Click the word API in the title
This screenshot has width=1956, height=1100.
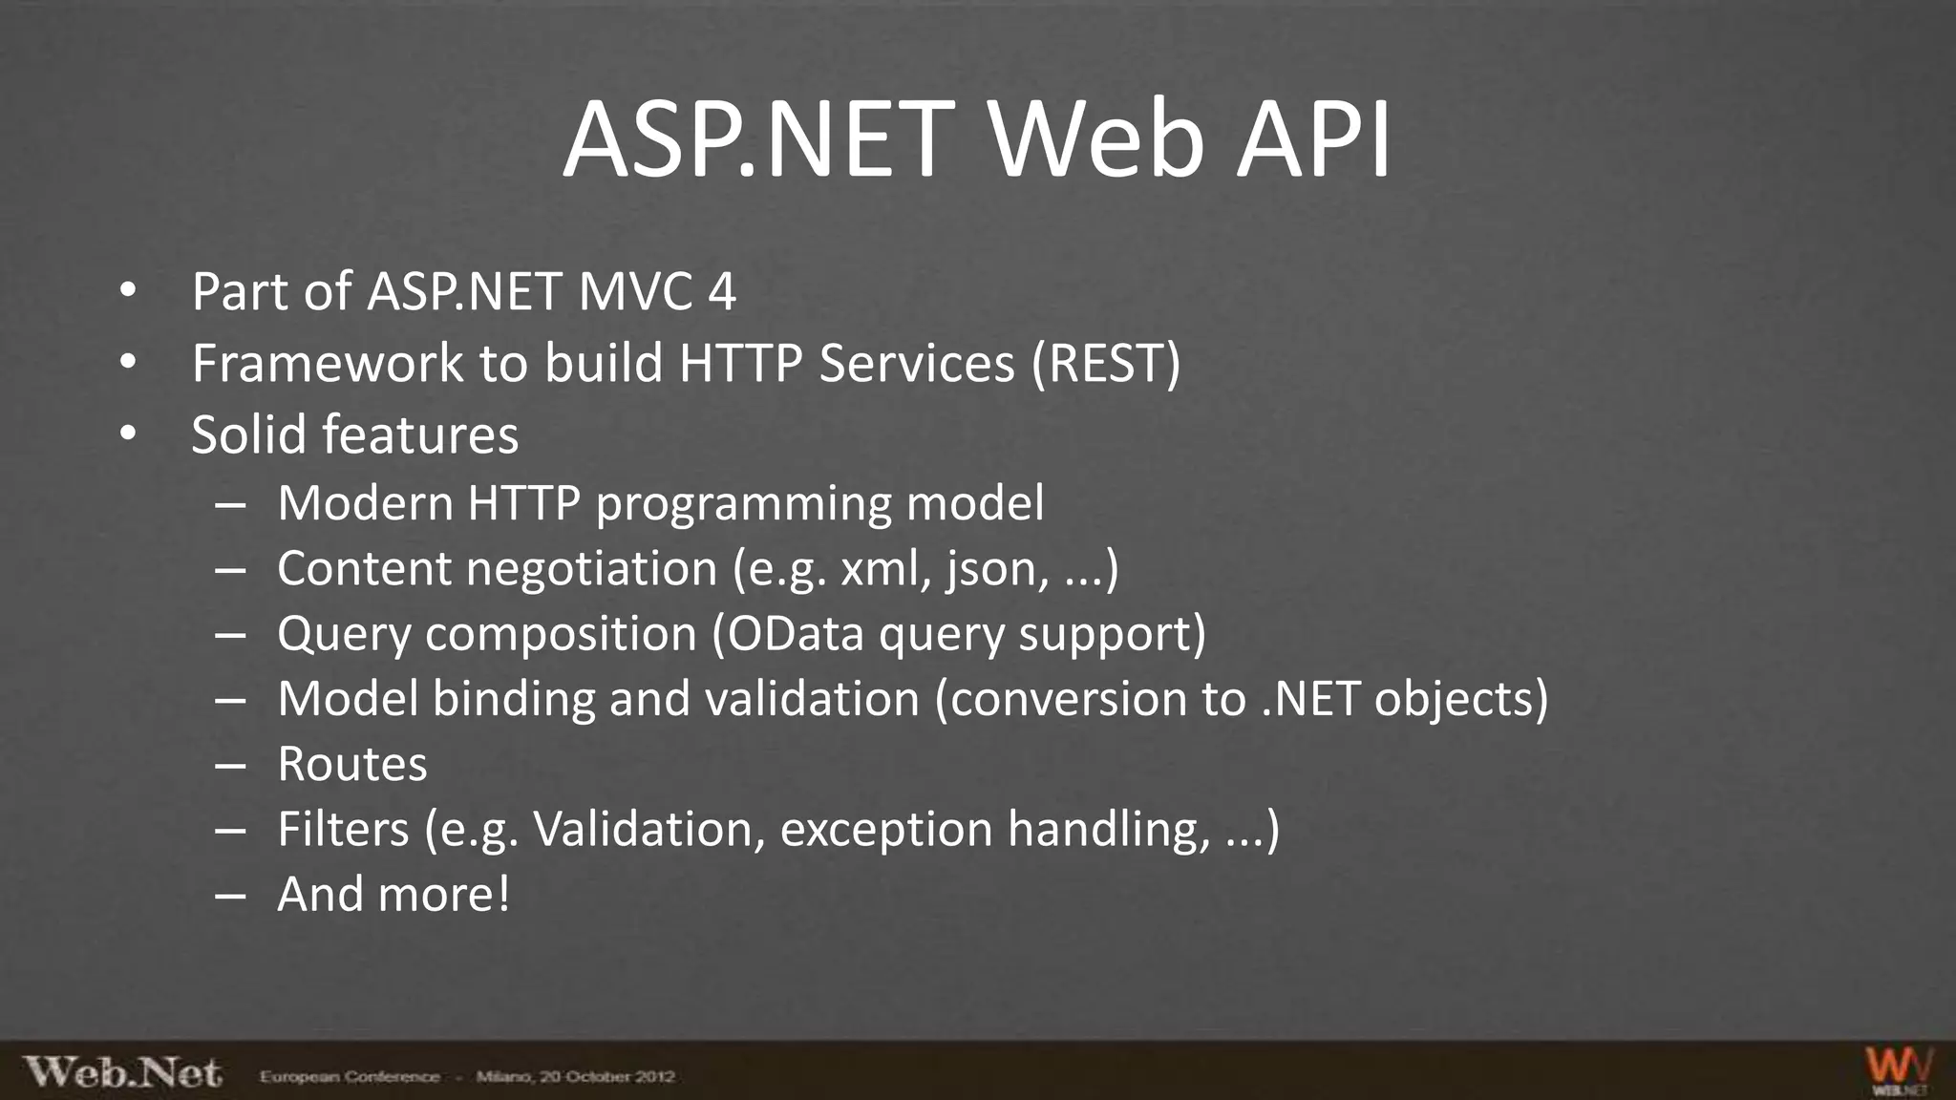click(x=1313, y=141)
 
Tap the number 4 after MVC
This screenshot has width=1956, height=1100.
click(x=722, y=292)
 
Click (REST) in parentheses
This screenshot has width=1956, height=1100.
click(x=1106, y=364)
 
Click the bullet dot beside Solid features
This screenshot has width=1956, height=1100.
click(x=128, y=434)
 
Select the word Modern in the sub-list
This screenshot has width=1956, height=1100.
click(x=364, y=503)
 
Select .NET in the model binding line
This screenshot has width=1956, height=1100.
click(x=1309, y=699)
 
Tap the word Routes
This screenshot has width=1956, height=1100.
click(x=351, y=765)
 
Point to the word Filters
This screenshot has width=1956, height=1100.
click(x=343, y=829)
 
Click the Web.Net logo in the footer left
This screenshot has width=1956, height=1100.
click(x=123, y=1073)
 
